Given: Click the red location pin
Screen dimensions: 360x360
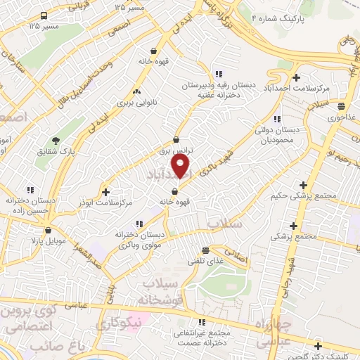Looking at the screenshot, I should (x=181, y=166).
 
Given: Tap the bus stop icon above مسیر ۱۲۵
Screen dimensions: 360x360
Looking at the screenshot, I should (x=44, y=15).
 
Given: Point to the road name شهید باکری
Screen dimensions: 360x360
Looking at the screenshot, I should (x=214, y=166).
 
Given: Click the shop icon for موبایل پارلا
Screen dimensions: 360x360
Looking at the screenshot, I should (x=48, y=230).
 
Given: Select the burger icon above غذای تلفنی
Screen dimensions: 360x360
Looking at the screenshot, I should (x=206, y=250).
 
